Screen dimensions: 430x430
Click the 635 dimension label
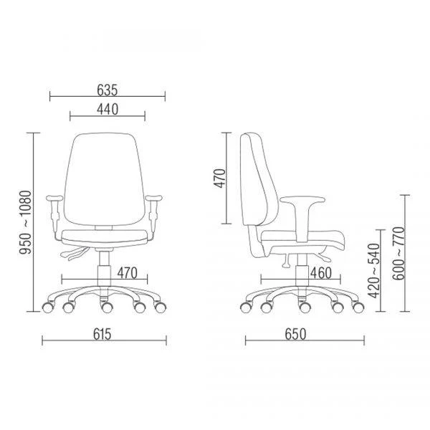coord(107,90)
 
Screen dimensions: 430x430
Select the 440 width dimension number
coord(107,109)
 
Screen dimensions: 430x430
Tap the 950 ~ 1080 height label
coord(26,222)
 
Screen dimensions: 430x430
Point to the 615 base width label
coord(102,334)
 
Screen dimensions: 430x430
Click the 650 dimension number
coord(295,334)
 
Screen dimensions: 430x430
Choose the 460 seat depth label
coord(321,273)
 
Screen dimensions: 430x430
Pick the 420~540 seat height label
coord(373,271)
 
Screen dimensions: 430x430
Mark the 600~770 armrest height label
coord(398,253)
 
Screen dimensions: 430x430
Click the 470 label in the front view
coord(128,273)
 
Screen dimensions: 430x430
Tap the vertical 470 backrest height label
coord(220,178)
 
